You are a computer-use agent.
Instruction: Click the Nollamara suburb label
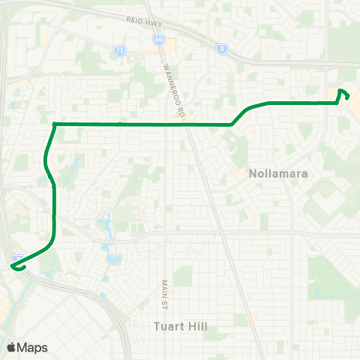coord(272,173)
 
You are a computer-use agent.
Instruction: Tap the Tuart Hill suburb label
coord(179,327)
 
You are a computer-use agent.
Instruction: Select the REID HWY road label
coord(145,22)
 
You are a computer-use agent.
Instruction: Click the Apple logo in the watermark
coord(11,347)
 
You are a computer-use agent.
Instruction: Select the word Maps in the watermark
coord(33,347)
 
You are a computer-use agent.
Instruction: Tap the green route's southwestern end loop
coord(16,264)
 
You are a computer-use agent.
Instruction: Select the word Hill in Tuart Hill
coord(196,327)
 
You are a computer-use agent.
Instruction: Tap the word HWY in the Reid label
coord(156,24)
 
